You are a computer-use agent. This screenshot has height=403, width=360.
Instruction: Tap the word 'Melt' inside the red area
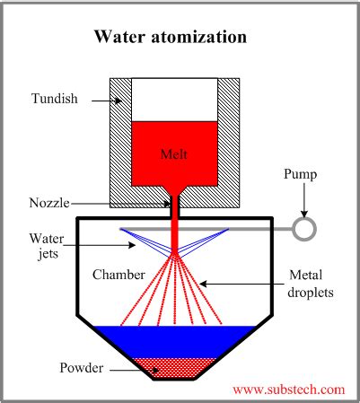(175, 153)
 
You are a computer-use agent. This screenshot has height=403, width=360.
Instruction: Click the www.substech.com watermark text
(288, 390)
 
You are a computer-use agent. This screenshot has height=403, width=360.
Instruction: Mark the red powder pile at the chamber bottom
(174, 364)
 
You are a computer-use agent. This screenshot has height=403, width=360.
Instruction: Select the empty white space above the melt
(175, 99)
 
